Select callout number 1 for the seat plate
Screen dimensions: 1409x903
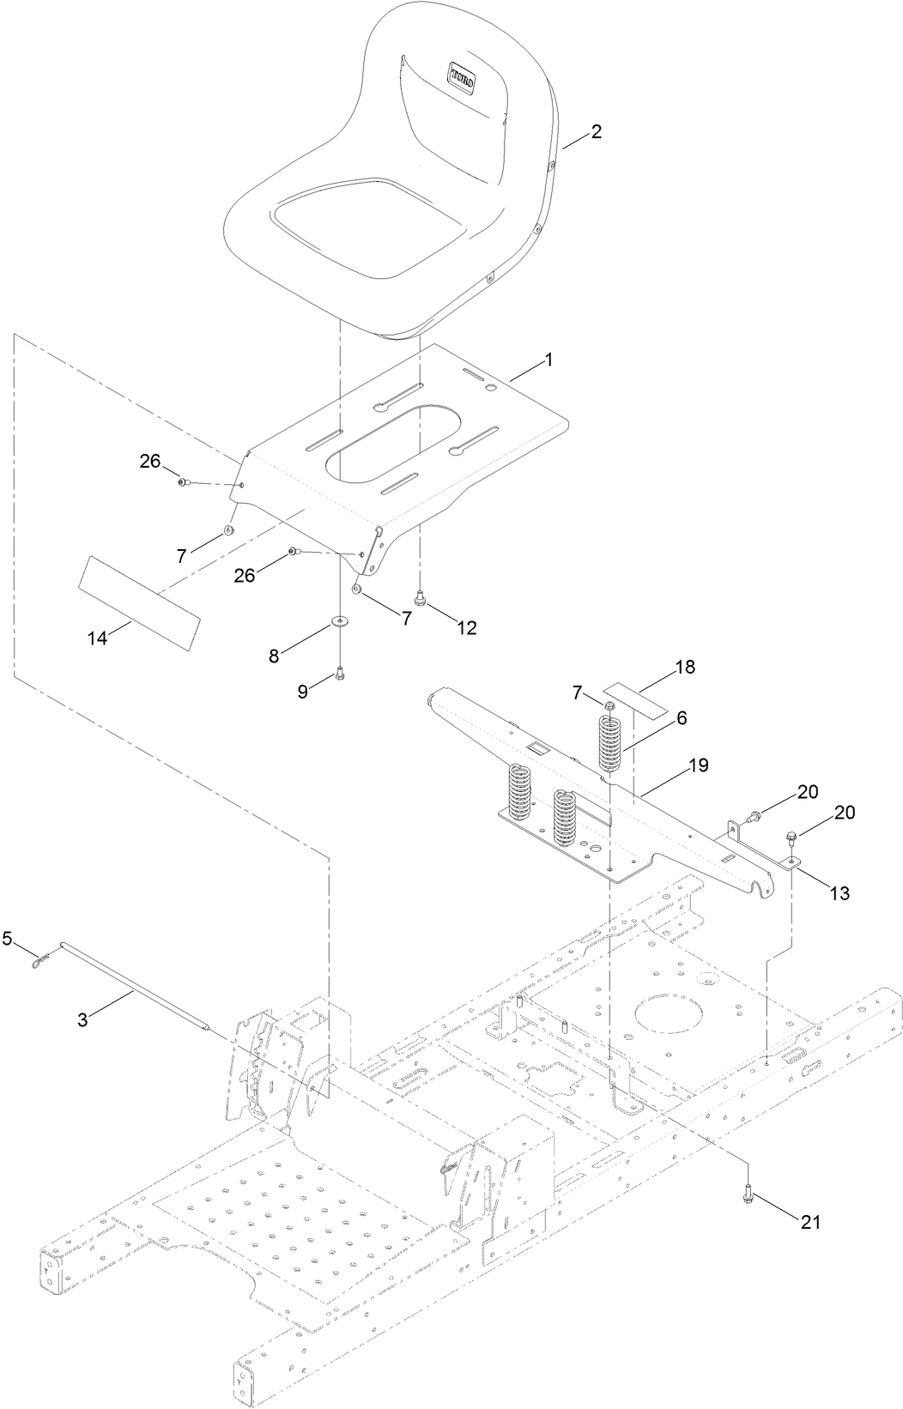pos(548,360)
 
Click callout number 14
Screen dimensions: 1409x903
pos(99,638)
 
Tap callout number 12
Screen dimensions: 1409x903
pos(466,628)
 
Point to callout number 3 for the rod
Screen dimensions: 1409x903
pos(82,1019)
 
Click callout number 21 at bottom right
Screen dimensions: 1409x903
pos(810,1222)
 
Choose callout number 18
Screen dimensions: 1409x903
pos(685,667)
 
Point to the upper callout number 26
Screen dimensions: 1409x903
pos(150,461)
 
